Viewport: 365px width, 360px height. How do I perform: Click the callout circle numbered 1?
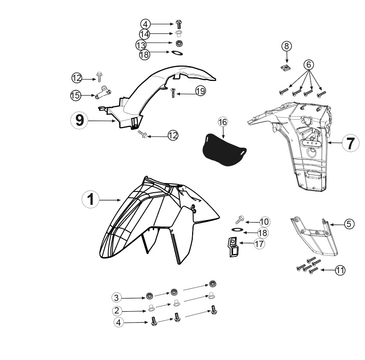pyautogui.click(x=91, y=200)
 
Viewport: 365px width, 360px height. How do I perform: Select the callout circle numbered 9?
pyautogui.click(x=79, y=120)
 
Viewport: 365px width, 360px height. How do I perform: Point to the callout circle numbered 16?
pyautogui.click(x=223, y=122)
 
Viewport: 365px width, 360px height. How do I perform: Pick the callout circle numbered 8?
pyautogui.click(x=287, y=46)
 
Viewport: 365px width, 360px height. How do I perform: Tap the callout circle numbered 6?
pyautogui.click(x=309, y=64)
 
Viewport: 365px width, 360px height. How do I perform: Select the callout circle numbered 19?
pyautogui.click(x=201, y=91)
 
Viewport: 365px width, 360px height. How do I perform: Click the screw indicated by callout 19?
pyautogui.click(x=173, y=93)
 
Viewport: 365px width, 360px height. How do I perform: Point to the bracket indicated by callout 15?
pyautogui.click(x=102, y=92)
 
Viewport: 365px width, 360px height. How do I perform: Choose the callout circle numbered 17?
pyautogui.click(x=259, y=244)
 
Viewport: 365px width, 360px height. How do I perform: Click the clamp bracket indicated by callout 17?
pyautogui.click(x=233, y=247)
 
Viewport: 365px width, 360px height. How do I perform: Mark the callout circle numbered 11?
pyautogui.click(x=340, y=270)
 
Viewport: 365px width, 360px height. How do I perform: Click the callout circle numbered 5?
pyautogui.click(x=349, y=224)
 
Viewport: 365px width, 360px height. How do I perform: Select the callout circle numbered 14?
pyautogui.click(x=144, y=34)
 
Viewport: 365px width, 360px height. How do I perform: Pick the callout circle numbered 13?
pyautogui.click(x=141, y=45)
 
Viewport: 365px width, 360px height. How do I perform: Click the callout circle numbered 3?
pyautogui.click(x=117, y=297)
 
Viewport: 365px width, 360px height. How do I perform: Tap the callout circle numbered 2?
pyautogui.click(x=117, y=310)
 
